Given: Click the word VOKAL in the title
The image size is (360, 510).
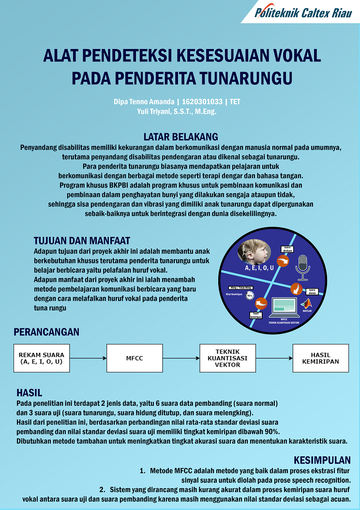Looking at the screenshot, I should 295,56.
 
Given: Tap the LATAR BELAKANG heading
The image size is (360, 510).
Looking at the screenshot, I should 180,137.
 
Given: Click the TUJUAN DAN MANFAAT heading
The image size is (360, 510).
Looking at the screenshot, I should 82,240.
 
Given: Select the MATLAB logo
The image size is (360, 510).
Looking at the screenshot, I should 306,305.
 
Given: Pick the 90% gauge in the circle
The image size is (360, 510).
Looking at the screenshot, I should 250,294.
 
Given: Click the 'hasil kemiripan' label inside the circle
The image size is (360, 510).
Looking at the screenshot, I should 256,315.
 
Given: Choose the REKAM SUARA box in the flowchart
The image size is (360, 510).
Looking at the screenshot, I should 42,358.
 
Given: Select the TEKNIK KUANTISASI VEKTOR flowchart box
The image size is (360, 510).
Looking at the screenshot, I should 227,358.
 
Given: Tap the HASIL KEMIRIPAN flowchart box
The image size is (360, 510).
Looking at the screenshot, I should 320,358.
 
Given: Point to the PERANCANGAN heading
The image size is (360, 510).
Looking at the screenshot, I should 46,332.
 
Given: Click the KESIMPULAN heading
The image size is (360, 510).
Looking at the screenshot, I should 322,460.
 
